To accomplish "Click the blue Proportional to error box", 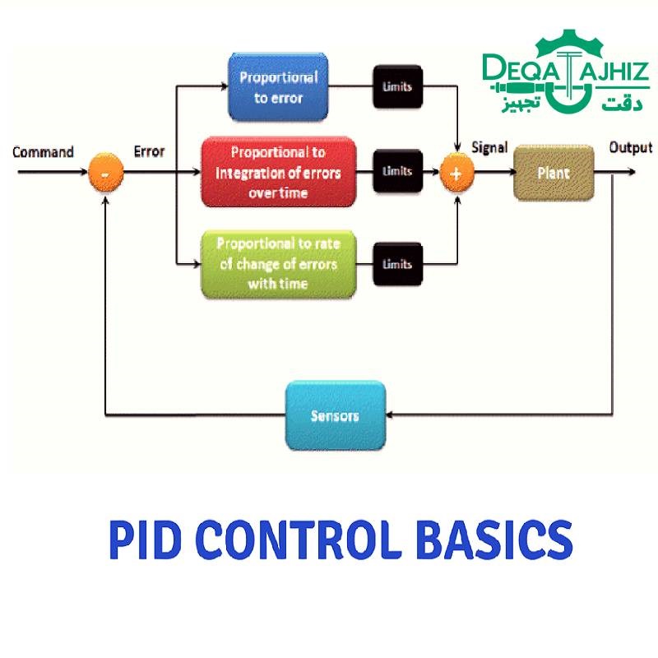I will click(x=278, y=87).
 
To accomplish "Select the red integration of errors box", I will click(x=278, y=172).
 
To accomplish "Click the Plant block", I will click(x=554, y=174).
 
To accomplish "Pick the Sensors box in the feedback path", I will click(x=335, y=415).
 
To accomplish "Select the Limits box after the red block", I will click(x=397, y=172).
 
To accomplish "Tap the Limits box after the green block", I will click(x=397, y=264).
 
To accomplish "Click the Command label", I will click(x=43, y=152).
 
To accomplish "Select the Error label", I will click(x=149, y=152).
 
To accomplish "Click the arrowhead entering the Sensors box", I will click(x=392, y=415).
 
